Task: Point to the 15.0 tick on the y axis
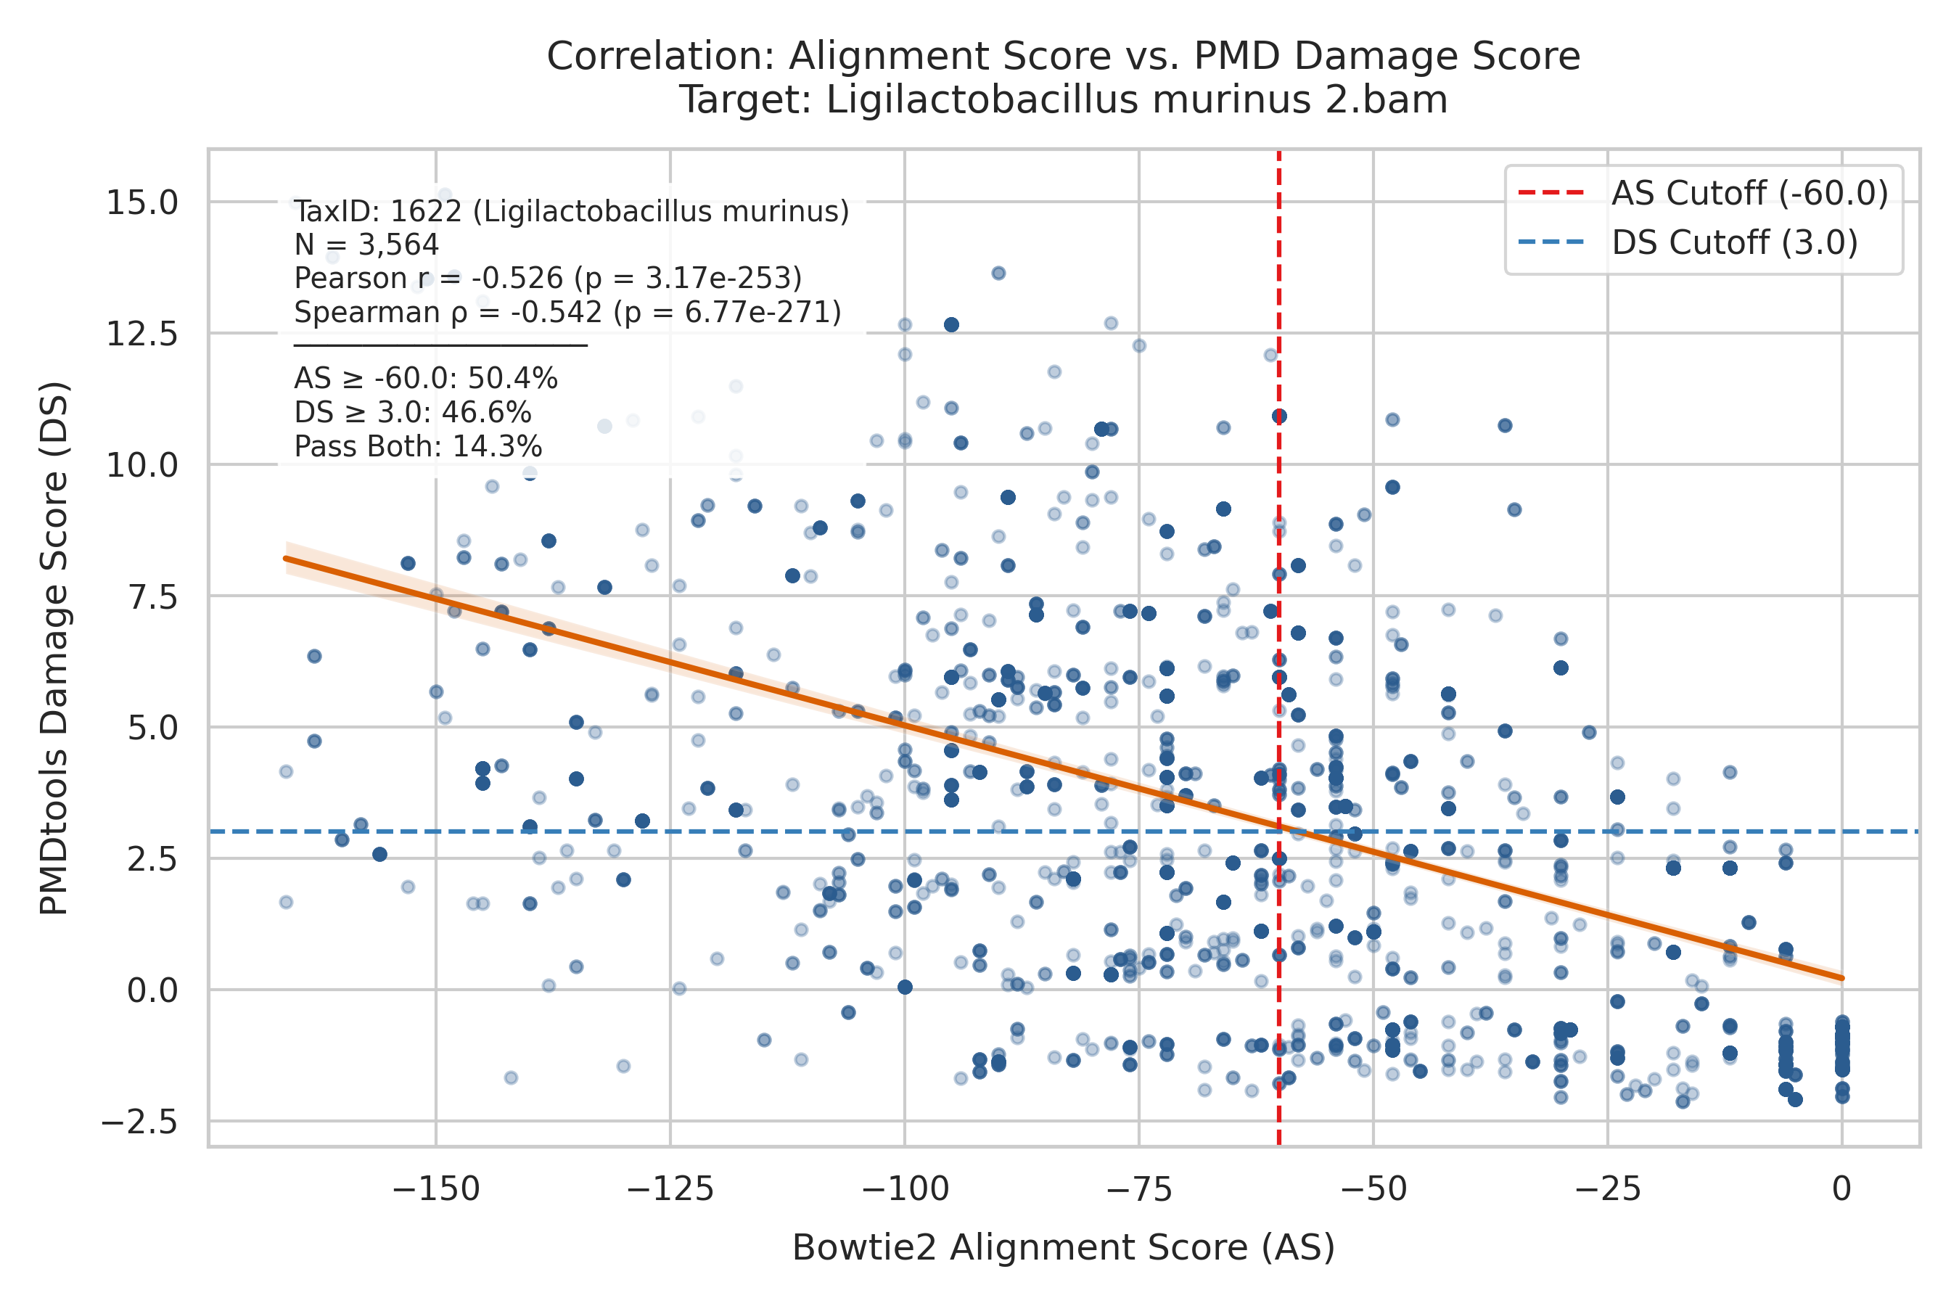pyautogui.click(x=141, y=202)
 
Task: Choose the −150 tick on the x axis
pyautogui.click(x=435, y=1188)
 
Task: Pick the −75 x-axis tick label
pyautogui.click(x=1139, y=1188)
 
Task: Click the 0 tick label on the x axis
pyautogui.click(x=1842, y=1188)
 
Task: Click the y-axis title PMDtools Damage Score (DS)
pyautogui.click(x=54, y=649)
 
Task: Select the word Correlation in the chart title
pyautogui.click(x=661, y=57)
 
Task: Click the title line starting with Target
pyautogui.click(x=1064, y=100)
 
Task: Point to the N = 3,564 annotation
pyautogui.click(x=366, y=245)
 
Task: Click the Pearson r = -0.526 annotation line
pyautogui.click(x=548, y=278)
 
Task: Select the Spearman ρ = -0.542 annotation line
pyautogui.click(x=568, y=312)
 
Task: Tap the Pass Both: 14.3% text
pyautogui.click(x=418, y=447)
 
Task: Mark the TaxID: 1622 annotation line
pyautogui.click(x=572, y=212)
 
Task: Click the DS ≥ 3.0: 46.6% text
pyautogui.click(x=412, y=413)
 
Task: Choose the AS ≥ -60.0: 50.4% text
pyautogui.click(x=426, y=379)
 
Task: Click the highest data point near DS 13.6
pyautogui.click(x=998, y=274)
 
